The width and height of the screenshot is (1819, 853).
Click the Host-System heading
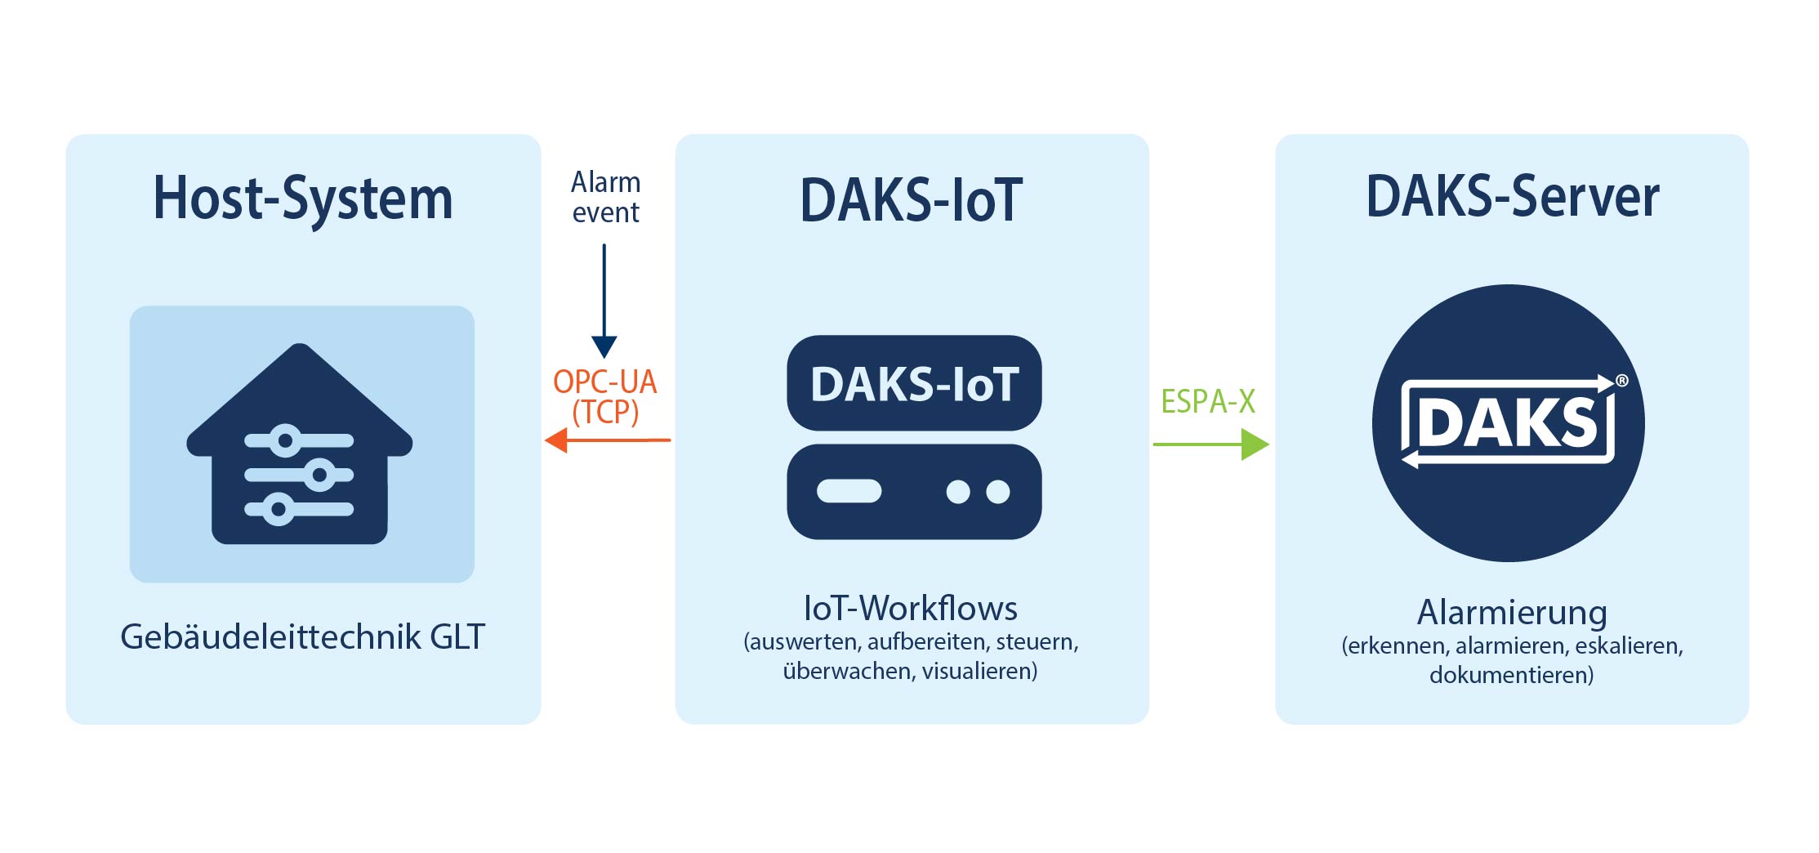pyautogui.click(x=303, y=199)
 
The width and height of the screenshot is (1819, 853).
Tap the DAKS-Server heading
pyautogui.click(x=1513, y=196)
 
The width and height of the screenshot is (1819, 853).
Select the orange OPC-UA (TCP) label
pyautogui.click(x=605, y=397)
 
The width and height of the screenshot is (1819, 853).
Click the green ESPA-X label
pyautogui.click(x=1208, y=401)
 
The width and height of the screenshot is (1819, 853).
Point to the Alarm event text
pyautogui.click(x=605, y=197)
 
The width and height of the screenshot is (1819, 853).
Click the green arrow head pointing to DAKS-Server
pyautogui.click(x=1255, y=444)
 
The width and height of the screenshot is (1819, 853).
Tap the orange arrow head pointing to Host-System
pyautogui.click(x=556, y=440)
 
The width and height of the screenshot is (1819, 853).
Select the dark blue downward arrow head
pyautogui.click(x=604, y=347)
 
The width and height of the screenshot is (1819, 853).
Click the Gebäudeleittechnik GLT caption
pyautogui.click(x=303, y=636)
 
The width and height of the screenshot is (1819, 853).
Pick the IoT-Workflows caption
pyautogui.click(x=911, y=608)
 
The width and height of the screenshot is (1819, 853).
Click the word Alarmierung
pyautogui.click(x=1512, y=612)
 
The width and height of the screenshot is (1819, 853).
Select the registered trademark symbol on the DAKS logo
pyautogui.click(x=1622, y=381)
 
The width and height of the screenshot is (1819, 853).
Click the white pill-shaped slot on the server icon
pyautogui.click(x=849, y=491)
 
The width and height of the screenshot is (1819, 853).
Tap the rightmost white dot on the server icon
pyautogui.click(x=998, y=491)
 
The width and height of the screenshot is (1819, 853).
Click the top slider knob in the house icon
pyautogui.click(x=285, y=441)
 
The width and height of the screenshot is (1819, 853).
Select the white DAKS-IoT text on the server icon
pyautogui.click(x=915, y=384)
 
